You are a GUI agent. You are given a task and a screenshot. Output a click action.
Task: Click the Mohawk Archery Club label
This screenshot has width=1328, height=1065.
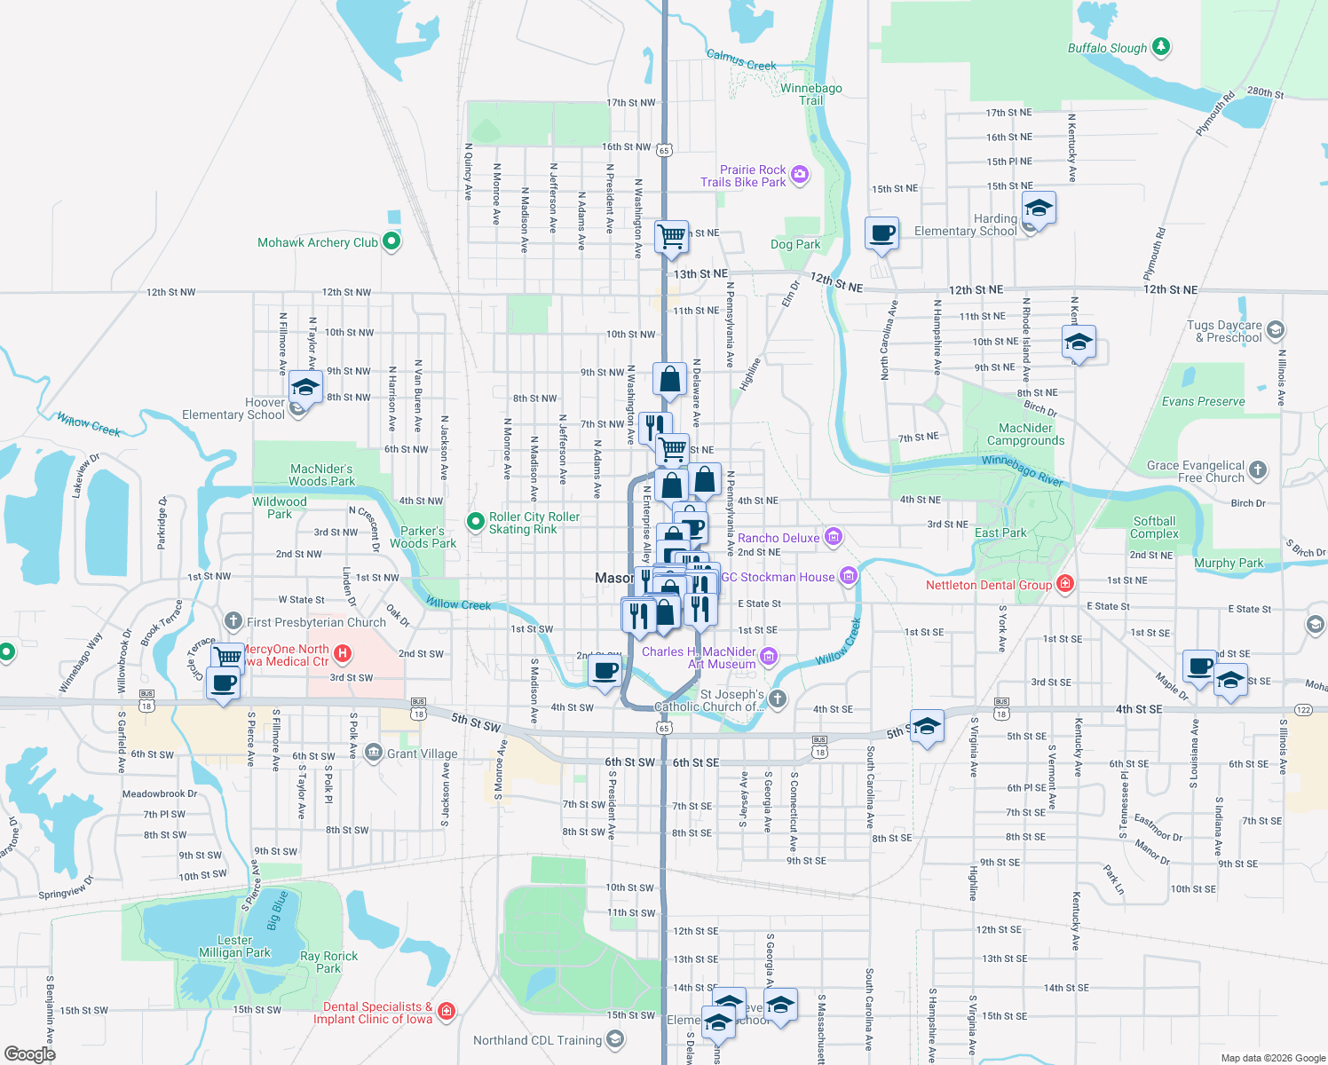coord(317,242)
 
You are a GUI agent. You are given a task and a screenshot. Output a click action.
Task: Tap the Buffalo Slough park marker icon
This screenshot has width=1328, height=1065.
coord(1160,47)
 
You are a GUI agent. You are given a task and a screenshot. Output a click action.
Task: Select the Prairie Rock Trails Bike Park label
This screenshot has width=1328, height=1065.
coord(743,176)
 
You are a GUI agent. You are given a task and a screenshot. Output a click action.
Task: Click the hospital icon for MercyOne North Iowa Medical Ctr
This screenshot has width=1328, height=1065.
coord(343,654)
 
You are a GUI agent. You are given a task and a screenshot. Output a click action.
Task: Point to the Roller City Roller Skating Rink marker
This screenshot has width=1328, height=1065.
coord(477,522)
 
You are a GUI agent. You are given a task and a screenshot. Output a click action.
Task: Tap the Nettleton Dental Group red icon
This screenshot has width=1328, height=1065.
coord(1065,584)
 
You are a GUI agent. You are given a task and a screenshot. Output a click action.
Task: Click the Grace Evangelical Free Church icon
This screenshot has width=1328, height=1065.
coord(1257,470)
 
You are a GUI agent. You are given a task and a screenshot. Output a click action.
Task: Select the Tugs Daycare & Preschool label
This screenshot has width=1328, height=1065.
coord(1224,331)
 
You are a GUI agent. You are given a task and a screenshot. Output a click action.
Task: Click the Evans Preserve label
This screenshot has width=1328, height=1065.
coord(1203,401)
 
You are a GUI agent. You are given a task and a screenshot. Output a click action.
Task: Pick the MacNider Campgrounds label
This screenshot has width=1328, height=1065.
coord(1025,434)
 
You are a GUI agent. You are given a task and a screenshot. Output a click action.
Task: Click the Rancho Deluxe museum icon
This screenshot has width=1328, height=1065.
coord(833,537)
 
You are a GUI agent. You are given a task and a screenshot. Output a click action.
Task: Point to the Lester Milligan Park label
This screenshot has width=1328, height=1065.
coord(234,946)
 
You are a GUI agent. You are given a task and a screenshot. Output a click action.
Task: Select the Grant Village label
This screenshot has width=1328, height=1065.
coord(422,753)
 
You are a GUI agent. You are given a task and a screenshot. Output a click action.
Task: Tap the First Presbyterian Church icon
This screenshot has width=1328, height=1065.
coord(233,621)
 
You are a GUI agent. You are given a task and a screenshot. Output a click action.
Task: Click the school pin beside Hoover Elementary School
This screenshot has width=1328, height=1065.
coord(305,389)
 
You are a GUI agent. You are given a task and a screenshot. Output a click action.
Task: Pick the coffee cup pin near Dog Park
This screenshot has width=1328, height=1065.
coord(881,233)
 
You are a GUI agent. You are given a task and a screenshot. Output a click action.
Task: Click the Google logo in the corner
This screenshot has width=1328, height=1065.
coord(29,1053)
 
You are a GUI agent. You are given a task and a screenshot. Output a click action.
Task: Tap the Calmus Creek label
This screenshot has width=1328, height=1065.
coord(741,60)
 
